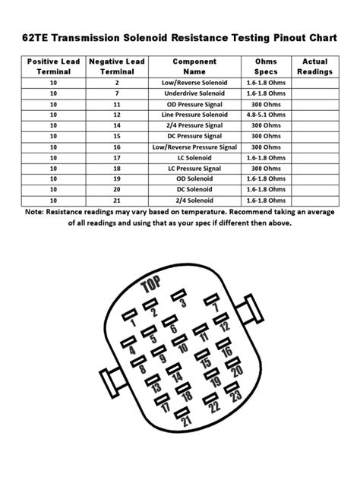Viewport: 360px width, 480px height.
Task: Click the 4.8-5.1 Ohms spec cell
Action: tap(267, 114)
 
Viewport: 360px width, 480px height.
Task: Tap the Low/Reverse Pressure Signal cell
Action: tap(194, 147)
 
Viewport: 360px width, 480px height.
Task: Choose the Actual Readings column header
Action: tap(314, 66)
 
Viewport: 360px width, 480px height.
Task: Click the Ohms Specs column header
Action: tap(267, 66)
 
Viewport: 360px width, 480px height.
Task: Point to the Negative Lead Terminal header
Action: tap(117, 66)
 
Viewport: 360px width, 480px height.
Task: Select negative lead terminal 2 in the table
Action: tap(117, 81)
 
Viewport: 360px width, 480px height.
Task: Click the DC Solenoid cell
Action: tap(194, 189)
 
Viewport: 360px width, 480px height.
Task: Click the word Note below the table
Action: tap(35, 212)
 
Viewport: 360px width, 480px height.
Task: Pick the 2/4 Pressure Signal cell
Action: tap(194, 125)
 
